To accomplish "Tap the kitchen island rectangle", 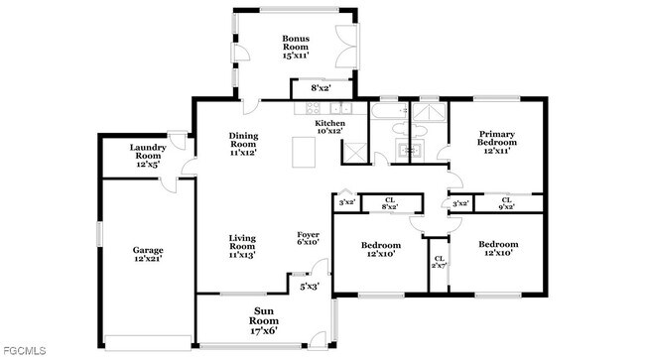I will [305, 153].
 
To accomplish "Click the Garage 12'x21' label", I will [148, 254].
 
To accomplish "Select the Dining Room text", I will [243, 145].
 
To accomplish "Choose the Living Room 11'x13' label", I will [243, 246].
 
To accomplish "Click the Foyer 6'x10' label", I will [309, 238].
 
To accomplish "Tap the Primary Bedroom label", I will [498, 143].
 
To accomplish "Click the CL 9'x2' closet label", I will [506, 203].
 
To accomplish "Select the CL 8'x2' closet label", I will [390, 203].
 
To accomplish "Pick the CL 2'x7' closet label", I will [438, 263].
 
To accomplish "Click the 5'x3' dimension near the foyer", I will [310, 287].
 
